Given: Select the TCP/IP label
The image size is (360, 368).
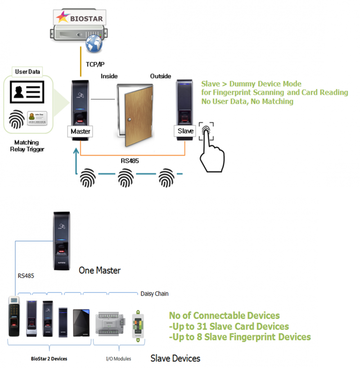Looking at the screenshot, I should [x=95, y=64].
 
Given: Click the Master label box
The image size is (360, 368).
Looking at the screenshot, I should [x=80, y=132].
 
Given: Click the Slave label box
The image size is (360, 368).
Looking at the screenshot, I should [x=185, y=131].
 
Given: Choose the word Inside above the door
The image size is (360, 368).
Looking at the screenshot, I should [x=109, y=76].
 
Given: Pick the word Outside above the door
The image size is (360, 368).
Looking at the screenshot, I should [x=160, y=76].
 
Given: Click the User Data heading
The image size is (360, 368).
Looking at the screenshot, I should [x=28, y=72].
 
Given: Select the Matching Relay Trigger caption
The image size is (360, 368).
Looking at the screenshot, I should [x=27, y=145].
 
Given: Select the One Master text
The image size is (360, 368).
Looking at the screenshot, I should [x=99, y=271].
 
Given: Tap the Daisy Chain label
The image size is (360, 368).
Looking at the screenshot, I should [x=155, y=294].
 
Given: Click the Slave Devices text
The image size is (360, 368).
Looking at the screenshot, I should [x=175, y=359].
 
